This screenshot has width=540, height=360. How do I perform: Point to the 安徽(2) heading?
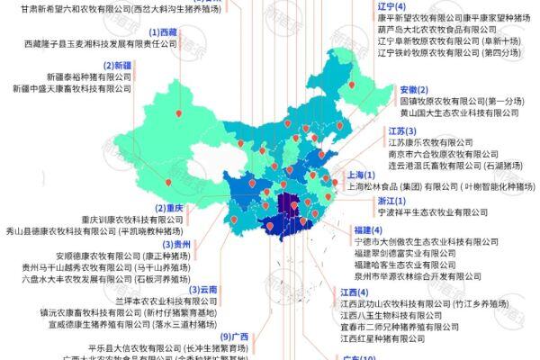[x=407, y=90]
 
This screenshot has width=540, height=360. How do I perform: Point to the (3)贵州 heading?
[x=174, y=244]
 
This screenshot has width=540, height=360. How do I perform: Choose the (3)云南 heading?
[x=203, y=290]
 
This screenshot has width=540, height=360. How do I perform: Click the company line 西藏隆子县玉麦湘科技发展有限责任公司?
[x=105, y=42]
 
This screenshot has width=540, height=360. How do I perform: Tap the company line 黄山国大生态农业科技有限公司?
[x=459, y=113]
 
